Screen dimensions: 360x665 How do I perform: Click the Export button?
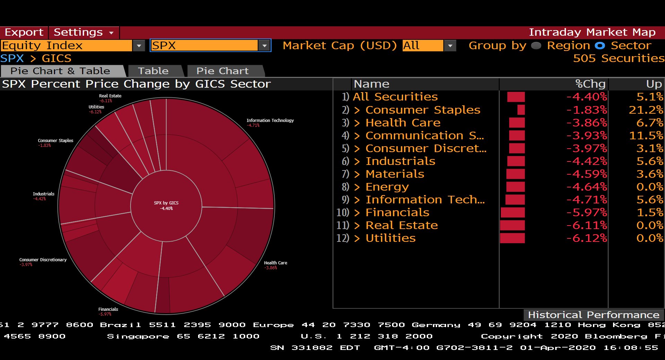(x=24, y=32)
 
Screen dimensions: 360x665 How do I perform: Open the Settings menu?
(x=83, y=32)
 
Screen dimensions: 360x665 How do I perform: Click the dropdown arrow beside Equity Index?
(x=139, y=45)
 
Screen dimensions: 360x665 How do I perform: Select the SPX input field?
(x=204, y=45)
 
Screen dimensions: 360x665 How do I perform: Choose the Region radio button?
(x=536, y=45)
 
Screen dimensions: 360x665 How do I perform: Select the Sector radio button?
(x=600, y=45)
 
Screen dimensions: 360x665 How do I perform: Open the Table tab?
(x=153, y=71)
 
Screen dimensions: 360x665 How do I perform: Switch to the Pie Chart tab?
(x=222, y=71)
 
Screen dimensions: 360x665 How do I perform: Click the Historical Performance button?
(x=593, y=315)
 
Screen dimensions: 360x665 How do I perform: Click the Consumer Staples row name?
(x=423, y=110)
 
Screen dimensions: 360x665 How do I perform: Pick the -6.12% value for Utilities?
(x=586, y=238)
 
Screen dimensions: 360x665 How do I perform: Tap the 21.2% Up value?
(x=646, y=110)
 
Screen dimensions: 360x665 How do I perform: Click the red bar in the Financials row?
(x=513, y=212)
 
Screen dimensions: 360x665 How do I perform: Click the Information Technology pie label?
(x=270, y=121)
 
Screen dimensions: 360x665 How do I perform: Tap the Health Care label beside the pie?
(x=275, y=263)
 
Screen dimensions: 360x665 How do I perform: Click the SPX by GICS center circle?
(x=166, y=205)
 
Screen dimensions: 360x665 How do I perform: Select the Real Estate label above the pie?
(x=110, y=96)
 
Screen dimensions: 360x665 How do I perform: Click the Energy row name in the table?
(x=387, y=187)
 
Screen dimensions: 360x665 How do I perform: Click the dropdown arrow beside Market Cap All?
(x=450, y=45)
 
